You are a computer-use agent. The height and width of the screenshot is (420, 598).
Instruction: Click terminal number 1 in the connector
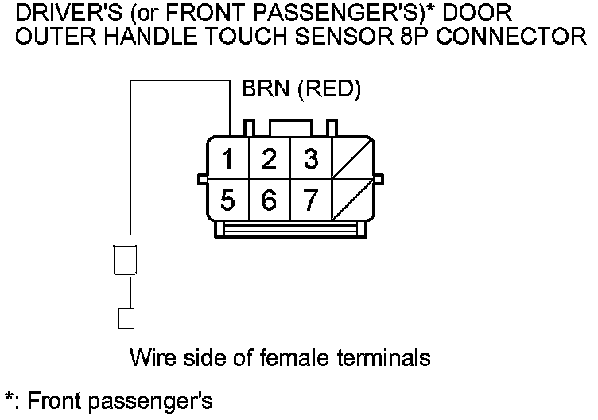tap(227, 160)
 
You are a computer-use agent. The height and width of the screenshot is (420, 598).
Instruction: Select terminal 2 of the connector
tap(269, 160)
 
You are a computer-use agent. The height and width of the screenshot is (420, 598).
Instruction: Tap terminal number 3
tap(310, 160)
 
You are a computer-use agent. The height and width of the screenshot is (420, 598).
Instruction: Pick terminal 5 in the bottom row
tap(227, 200)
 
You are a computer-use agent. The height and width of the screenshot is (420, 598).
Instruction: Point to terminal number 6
tap(269, 200)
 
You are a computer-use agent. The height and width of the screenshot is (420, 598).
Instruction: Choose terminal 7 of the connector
tap(310, 200)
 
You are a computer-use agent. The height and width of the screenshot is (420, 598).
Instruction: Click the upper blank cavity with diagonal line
tap(350, 160)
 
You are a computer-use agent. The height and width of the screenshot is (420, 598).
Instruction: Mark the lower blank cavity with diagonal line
tap(350, 200)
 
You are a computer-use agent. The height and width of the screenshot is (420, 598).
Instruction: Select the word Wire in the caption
tap(149, 357)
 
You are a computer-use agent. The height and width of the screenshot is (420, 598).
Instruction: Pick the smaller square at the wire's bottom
tap(125, 317)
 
